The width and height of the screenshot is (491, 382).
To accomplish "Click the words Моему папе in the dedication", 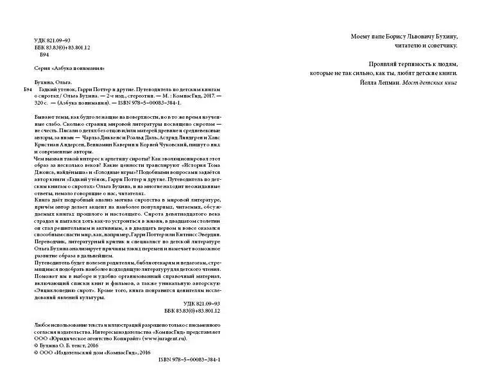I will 366,37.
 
